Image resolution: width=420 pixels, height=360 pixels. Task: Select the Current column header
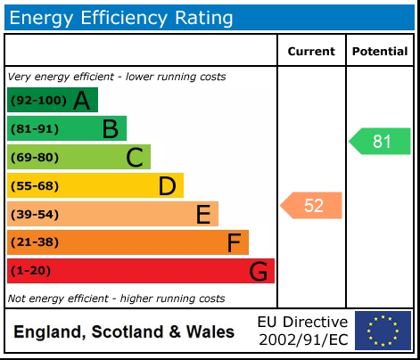(x=311, y=52)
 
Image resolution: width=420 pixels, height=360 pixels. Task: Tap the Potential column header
(x=380, y=52)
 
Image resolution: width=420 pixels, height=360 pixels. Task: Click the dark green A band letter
(x=81, y=101)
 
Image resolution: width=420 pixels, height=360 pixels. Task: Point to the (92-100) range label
(x=38, y=101)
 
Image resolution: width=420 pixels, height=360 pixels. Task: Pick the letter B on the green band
(x=110, y=129)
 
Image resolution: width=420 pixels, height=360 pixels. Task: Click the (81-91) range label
(x=35, y=129)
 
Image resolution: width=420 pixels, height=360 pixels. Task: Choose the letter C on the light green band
(x=134, y=158)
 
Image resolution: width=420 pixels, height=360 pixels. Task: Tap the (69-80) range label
(x=35, y=158)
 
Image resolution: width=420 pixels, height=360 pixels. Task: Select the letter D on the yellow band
(x=167, y=186)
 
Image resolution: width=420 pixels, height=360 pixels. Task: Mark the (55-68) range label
(x=35, y=186)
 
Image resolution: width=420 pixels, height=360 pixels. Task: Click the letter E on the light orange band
(x=202, y=215)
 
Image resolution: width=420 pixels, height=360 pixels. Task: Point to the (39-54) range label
(x=35, y=215)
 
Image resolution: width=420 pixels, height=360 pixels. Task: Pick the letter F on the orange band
(x=234, y=242)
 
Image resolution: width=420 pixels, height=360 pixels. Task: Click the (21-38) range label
(x=35, y=242)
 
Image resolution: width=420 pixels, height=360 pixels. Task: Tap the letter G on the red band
(x=258, y=271)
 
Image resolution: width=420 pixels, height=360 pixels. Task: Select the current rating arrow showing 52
(x=311, y=206)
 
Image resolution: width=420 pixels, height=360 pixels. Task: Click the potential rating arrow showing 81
(x=380, y=141)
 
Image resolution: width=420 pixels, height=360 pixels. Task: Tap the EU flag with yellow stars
(x=383, y=331)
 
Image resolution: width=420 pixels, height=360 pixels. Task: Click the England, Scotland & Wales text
(x=124, y=332)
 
